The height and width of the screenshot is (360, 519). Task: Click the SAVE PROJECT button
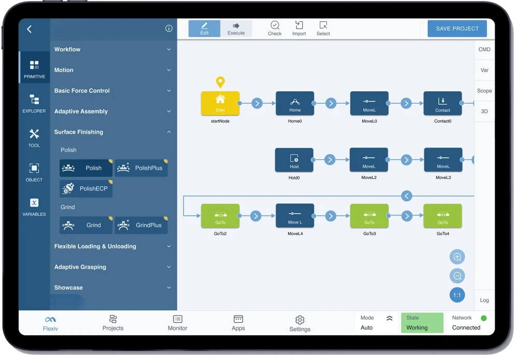tap(457, 29)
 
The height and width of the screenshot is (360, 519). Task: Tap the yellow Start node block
tap(220, 103)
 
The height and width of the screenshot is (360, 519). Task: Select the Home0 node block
tap(295, 103)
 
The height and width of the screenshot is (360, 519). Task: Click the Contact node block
tap(442, 103)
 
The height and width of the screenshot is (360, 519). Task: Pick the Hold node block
tap(294, 160)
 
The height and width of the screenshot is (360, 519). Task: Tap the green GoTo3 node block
tap(369, 216)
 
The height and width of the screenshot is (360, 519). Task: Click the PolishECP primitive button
tap(86, 189)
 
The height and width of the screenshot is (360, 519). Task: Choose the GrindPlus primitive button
tap(141, 225)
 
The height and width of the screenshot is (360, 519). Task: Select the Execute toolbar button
tap(236, 29)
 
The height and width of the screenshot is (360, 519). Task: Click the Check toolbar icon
tap(275, 28)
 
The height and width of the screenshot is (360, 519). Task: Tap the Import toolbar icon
tap(299, 28)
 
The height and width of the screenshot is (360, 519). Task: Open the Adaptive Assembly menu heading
tap(81, 112)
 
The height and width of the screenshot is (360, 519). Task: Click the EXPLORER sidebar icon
tap(34, 103)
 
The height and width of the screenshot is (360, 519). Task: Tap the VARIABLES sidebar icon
tap(34, 206)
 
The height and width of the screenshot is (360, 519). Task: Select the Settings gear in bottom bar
tap(299, 323)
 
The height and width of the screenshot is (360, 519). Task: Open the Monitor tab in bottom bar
tap(177, 322)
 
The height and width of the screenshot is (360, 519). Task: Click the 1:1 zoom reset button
tap(457, 295)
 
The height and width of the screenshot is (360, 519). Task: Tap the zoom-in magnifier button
tap(457, 257)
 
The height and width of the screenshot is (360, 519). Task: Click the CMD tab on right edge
tap(484, 50)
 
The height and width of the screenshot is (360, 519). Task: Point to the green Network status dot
tap(484, 318)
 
